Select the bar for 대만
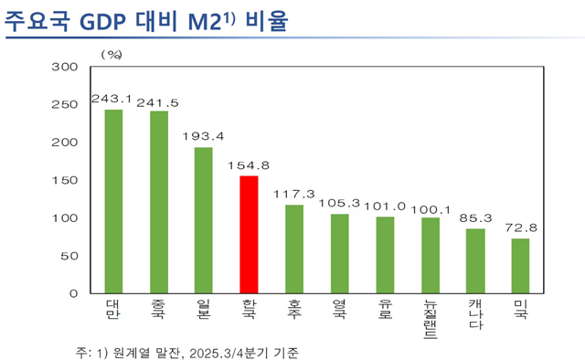tap(113, 202)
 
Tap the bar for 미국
tap(520, 266)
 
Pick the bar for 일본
tap(203, 220)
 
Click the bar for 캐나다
tap(475, 261)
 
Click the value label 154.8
tap(248, 165)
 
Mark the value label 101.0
tap(385, 206)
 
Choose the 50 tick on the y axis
tap(69, 257)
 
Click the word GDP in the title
tap(105, 20)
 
